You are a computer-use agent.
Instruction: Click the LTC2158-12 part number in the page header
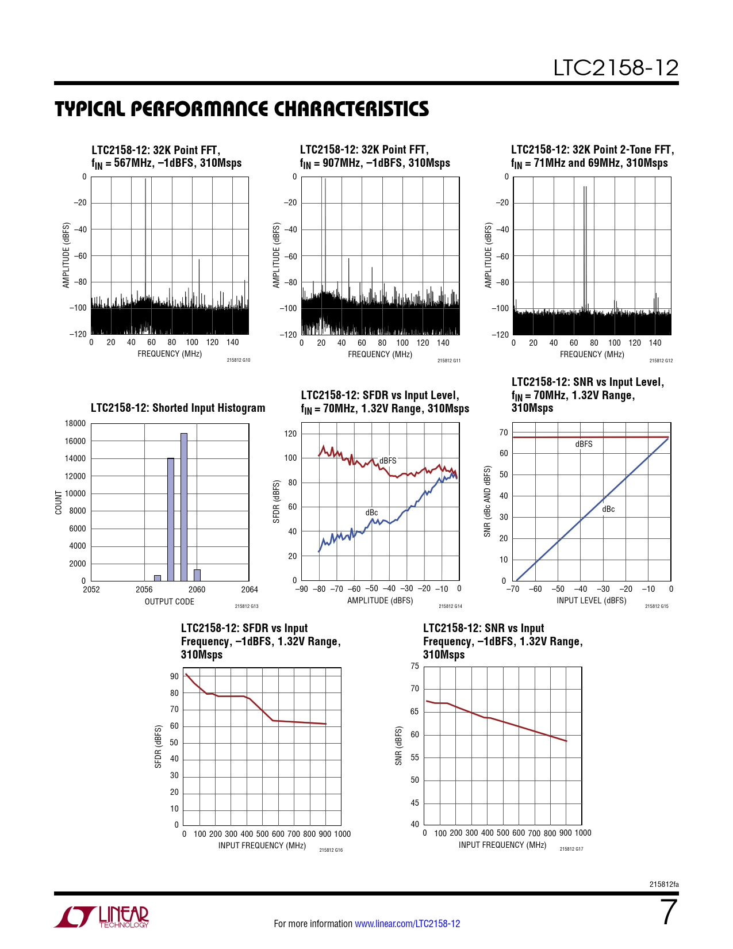pos(616,68)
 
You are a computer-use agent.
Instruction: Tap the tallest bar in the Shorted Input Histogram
pos(184,507)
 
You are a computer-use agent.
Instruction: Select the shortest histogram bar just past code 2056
pos(158,578)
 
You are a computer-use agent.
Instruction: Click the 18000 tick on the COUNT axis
pos(75,423)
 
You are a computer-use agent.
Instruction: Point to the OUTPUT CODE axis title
pos(170,602)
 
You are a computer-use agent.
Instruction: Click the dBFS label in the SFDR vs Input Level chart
pos(387,461)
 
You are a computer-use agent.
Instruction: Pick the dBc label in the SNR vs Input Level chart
pos(608,509)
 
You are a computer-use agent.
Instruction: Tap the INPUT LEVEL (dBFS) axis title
pos(591,600)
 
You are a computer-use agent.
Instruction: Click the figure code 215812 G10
pos(239,360)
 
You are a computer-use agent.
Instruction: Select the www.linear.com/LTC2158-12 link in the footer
pos(408,923)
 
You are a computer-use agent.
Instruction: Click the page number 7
pos(669,912)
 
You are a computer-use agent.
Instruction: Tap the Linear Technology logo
pos(101,916)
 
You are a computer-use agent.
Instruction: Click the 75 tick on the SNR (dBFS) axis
pos(415,666)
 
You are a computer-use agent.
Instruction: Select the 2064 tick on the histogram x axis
pos(250,590)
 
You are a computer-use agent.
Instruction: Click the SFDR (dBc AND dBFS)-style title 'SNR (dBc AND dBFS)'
pos(488,502)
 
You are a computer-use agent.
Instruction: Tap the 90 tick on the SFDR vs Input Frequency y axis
pos(174,676)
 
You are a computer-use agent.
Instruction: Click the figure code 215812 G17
pos(571,848)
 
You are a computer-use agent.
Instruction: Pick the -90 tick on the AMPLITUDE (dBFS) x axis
pos(301,589)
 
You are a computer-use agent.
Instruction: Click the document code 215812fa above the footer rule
pos(664,885)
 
